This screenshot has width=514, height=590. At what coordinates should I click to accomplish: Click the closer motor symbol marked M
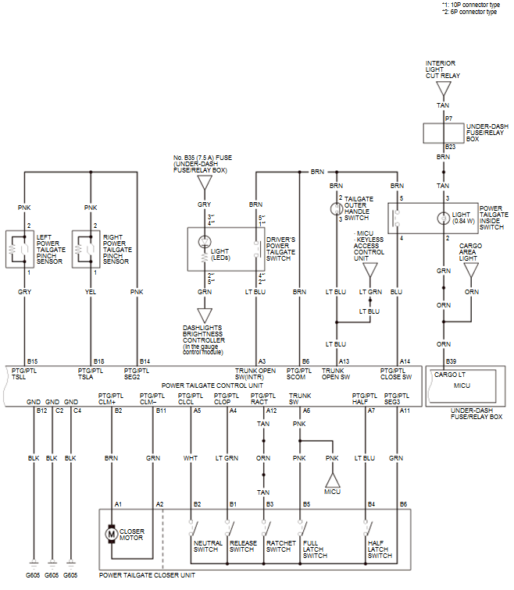coord(111,534)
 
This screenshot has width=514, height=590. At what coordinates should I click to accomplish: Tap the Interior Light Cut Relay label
coord(442,69)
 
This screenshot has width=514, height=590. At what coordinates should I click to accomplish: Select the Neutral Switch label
coord(208,546)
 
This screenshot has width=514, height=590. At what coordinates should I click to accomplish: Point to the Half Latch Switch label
coord(380,549)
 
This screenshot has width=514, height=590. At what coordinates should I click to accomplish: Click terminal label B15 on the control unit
coord(32,361)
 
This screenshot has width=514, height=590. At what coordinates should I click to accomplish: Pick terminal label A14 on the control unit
coord(405,361)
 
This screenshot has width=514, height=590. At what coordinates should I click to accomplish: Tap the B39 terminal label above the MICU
coord(451,361)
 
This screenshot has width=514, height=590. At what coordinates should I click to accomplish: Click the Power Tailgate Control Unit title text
coord(212,386)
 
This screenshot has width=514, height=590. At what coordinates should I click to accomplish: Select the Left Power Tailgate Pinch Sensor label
coord(51,250)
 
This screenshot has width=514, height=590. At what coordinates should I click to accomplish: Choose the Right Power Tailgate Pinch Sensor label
coord(117,250)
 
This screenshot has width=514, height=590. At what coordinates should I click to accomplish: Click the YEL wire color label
coord(91,292)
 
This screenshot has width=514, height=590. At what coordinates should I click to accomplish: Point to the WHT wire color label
coord(190,458)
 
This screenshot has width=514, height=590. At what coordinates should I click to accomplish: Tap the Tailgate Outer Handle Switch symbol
coord(336,208)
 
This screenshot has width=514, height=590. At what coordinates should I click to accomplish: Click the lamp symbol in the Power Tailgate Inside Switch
coord(443,219)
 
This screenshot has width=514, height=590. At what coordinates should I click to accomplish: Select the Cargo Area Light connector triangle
coord(471,270)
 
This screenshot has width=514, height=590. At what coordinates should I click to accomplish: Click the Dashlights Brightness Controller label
coord(204,340)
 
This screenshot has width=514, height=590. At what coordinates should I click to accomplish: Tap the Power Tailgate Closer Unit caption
coord(147,575)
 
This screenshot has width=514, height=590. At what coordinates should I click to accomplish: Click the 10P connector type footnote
coord(471,5)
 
